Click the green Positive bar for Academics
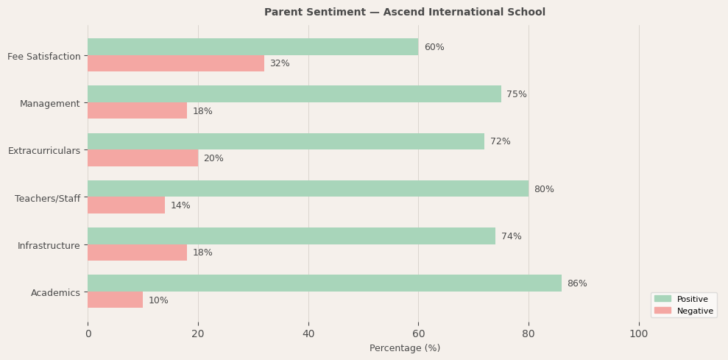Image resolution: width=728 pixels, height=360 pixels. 324,283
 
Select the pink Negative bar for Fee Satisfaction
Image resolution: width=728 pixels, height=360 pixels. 175,64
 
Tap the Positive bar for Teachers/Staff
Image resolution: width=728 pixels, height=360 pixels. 308,189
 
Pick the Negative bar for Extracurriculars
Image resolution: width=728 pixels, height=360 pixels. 143,158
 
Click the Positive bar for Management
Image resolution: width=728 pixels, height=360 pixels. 294,94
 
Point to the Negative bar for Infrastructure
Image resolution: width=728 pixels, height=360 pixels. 137,253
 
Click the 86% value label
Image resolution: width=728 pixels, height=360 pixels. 577,283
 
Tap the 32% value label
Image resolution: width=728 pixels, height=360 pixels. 280,64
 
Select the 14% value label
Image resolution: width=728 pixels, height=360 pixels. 180,205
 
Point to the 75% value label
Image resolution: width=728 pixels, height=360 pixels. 517,94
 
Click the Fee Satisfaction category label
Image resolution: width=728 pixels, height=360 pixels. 44,56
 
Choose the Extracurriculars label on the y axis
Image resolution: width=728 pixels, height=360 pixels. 44,151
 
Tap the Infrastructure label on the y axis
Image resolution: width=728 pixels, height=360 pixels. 49,245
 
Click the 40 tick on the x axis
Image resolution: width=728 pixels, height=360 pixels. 308,334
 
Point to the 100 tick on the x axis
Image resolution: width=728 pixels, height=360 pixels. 639,334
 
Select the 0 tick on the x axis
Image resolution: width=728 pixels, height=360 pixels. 88,334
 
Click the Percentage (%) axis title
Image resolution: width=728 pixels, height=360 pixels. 405,348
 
